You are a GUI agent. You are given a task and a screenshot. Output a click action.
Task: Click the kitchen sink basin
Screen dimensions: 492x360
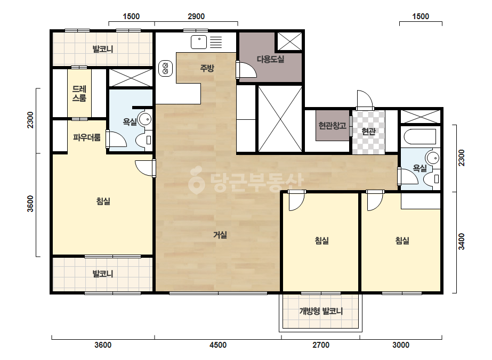[x=199, y=42]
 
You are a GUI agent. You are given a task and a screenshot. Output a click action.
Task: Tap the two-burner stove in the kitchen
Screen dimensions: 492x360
[x=165, y=68]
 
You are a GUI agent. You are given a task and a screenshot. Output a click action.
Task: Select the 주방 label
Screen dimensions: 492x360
[x=207, y=68]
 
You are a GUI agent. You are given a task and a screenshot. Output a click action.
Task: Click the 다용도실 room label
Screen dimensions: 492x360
[x=270, y=59]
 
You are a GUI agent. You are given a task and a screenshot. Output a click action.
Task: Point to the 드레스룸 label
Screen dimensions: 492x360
[x=79, y=93]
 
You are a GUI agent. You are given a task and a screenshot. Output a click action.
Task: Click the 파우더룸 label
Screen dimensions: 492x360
[x=86, y=137]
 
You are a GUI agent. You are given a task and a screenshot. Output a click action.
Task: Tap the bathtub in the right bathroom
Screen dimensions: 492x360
[x=420, y=136]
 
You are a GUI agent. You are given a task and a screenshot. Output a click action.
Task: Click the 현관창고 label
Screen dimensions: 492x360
[x=332, y=126]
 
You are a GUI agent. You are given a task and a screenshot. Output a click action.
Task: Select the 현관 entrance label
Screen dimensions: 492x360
[x=368, y=131]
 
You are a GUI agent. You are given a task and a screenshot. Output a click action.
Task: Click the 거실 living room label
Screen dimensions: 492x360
[x=220, y=234]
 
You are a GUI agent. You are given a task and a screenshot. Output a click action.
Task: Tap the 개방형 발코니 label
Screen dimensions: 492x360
[x=321, y=311]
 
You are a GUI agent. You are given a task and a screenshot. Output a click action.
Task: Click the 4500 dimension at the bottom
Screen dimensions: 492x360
[x=218, y=345]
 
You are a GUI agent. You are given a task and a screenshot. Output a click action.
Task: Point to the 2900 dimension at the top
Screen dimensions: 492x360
[x=196, y=17]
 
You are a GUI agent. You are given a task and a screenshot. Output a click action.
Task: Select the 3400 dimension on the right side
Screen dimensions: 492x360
[x=461, y=241]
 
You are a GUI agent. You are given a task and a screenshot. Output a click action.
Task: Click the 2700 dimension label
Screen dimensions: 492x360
[x=321, y=345]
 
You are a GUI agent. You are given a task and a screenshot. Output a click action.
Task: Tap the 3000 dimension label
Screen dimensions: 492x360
[x=401, y=345]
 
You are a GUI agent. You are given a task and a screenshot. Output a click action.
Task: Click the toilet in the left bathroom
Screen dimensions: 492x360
[x=144, y=140]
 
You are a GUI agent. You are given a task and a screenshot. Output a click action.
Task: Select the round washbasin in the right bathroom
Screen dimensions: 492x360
[x=433, y=158]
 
